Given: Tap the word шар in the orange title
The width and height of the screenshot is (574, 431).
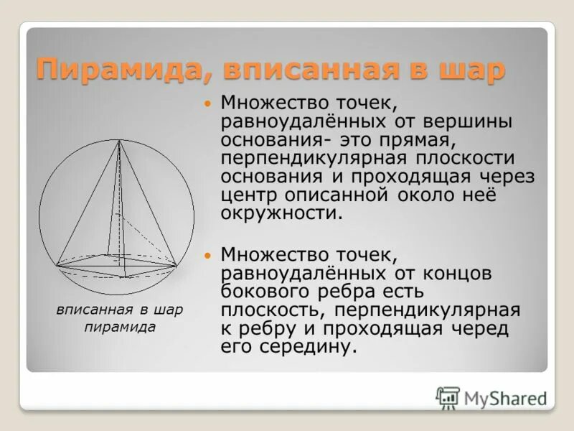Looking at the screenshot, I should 469,70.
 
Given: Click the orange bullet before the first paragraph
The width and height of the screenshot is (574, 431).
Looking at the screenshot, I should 208,104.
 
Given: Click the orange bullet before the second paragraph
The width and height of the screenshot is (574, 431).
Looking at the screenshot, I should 208,255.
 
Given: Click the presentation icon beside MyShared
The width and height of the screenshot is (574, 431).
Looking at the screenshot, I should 448,397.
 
